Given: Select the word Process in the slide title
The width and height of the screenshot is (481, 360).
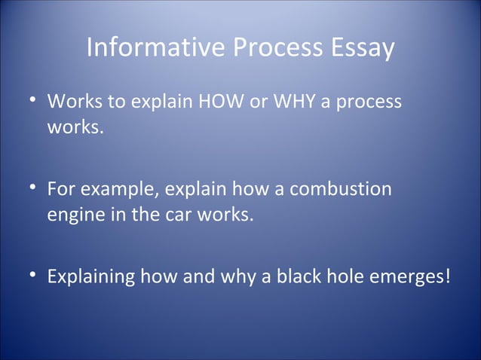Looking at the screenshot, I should coord(259,49).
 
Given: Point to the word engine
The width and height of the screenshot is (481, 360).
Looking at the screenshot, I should coord(74,215).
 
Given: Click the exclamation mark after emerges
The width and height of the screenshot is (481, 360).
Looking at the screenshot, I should coord(449,275).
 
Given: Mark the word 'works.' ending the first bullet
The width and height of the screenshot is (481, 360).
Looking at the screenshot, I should coord(74,127).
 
